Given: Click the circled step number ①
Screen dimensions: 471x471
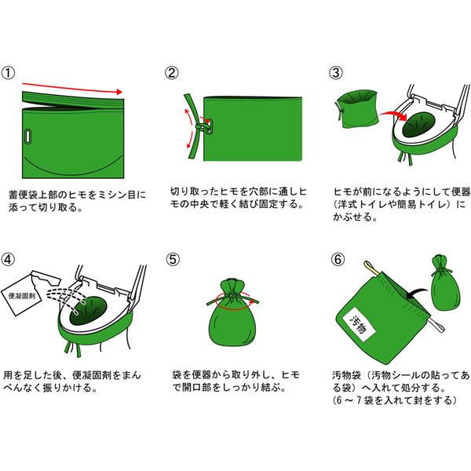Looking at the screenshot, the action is (8, 73).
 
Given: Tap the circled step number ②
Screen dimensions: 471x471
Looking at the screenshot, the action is (172, 73).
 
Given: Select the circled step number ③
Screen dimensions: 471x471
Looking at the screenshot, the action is (336, 73).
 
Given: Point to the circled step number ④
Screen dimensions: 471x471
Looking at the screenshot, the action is (8, 260).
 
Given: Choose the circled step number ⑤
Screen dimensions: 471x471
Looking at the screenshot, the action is (173, 260).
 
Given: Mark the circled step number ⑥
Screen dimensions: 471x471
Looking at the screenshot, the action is (338, 260).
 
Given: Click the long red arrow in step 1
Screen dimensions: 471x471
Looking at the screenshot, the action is (73, 88).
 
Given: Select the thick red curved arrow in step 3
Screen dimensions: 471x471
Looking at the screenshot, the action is (393, 115).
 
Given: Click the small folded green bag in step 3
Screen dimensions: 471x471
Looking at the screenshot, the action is (357, 109).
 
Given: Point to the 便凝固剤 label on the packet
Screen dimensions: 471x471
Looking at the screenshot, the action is (22, 296).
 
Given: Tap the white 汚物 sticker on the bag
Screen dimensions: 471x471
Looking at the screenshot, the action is (359, 325).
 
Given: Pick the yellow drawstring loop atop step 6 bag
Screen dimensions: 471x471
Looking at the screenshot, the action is (371, 268).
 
